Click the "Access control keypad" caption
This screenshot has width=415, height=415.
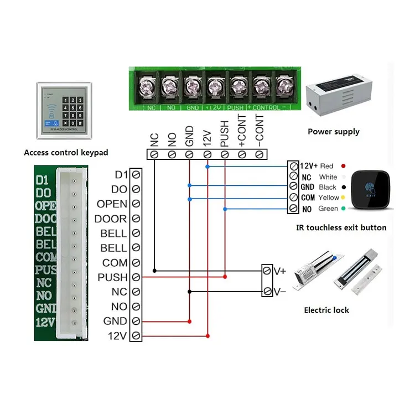[66, 153]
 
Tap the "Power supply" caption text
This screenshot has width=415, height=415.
[333, 132]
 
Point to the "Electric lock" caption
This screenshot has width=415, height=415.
[326, 310]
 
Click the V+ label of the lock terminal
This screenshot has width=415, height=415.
[279, 271]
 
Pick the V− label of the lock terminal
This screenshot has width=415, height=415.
[279, 292]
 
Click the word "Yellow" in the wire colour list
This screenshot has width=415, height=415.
[329, 198]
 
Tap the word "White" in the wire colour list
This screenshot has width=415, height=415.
[328, 177]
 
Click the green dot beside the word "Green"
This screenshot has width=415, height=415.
[344, 209]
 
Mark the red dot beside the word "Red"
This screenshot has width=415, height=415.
[344, 166]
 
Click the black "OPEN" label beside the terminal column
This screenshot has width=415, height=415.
[112, 204]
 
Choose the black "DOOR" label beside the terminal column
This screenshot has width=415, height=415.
[111, 219]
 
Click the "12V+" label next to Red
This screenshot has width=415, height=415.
[308, 166]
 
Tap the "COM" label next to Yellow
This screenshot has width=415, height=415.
[307, 198]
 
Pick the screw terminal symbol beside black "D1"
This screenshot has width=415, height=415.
[135, 175]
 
